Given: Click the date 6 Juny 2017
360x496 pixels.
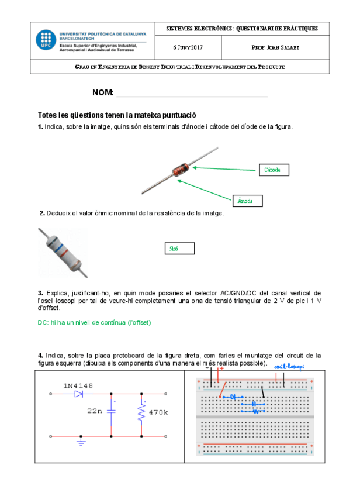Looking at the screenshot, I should pyautogui.click(x=188, y=47).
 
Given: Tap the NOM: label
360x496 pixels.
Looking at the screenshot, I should pyautogui.click(x=102, y=93).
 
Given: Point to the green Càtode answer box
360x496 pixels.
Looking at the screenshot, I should pyautogui.click(x=273, y=170).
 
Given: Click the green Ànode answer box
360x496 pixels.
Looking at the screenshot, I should pyautogui.click(x=246, y=201).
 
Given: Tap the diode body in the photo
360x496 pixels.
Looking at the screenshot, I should pyautogui.click(x=179, y=170).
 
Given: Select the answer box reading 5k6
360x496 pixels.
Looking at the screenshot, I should pyautogui.click(x=178, y=249).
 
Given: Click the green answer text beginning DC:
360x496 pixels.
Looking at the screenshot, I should pyautogui.click(x=94, y=322).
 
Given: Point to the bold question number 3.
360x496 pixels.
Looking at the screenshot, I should pyautogui.click(x=40, y=292).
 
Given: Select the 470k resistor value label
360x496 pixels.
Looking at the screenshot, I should pyautogui.click(x=158, y=412).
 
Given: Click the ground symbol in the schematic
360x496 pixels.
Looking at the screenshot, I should pyautogui.click(x=81, y=443).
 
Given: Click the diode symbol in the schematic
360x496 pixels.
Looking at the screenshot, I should pyautogui.click(x=79, y=394).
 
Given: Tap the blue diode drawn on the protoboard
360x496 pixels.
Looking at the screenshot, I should pyautogui.click(x=236, y=397).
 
